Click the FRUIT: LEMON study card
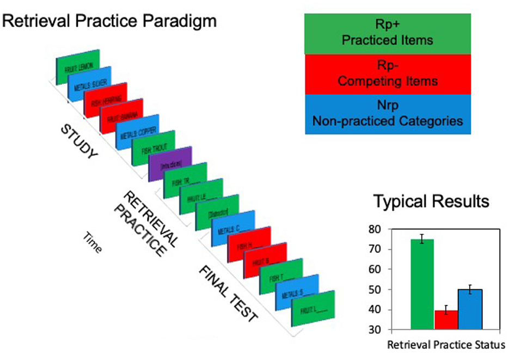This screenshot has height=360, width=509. [x=78, y=67]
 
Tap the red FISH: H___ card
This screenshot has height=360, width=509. [x=249, y=244]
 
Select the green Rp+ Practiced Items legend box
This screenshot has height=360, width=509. [x=387, y=34]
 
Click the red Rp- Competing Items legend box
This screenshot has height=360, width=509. [x=387, y=74]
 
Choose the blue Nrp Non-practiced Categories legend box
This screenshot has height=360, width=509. [x=387, y=114]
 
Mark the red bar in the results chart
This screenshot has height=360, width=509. [x=446, y=320]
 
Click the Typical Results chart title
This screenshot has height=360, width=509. [x=431, y=202]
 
